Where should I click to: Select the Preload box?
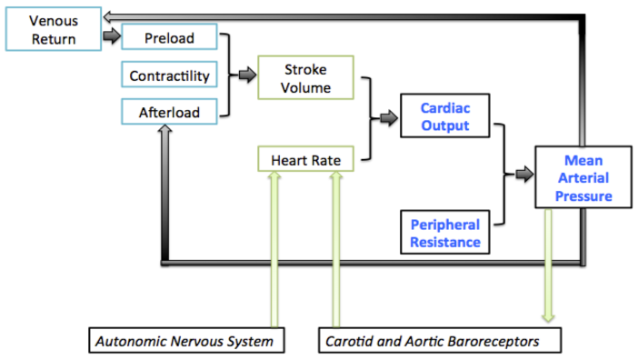click(170, 37)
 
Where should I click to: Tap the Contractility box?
click(170, 75)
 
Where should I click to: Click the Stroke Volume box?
click(306, 78)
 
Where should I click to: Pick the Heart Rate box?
click(305, 161)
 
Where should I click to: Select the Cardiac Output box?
click(444, 116)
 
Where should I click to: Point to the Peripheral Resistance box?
click(444, 233)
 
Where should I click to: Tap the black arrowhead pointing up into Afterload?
click(164, 132)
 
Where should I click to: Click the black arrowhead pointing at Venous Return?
click(107, 15)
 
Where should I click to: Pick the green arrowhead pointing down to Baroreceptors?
click(548, 316)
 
